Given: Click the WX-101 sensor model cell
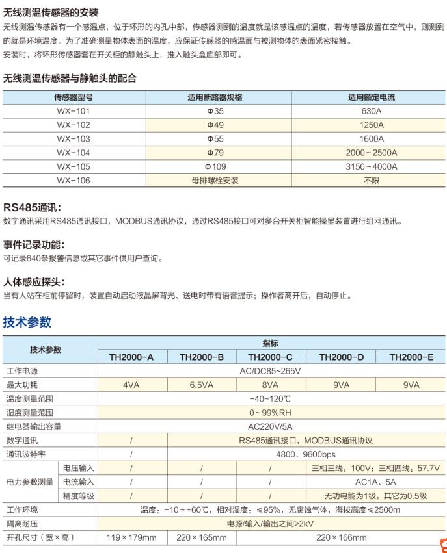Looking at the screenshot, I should click(74, 111).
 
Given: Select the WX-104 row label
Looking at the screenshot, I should click(74, 153).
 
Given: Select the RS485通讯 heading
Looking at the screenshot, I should click(33, 208).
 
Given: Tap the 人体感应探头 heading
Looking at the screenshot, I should click(34, 282).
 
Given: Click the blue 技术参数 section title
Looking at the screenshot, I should click(27, 322).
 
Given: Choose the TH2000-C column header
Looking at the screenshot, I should click(271, 357).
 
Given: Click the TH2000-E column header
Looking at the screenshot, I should click(411, 357).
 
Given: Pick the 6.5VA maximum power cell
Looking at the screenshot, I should click(202, 385).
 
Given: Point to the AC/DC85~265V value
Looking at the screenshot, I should click(271, 371).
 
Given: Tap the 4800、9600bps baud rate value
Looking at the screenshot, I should click(306, 454).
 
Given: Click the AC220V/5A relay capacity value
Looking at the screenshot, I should click(271, 426).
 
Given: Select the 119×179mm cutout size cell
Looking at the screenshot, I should click(131, 537).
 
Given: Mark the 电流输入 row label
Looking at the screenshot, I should click(78, 482).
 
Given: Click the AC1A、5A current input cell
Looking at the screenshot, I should click(375, 482).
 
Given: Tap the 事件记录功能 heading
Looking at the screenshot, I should click(34, 245).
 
